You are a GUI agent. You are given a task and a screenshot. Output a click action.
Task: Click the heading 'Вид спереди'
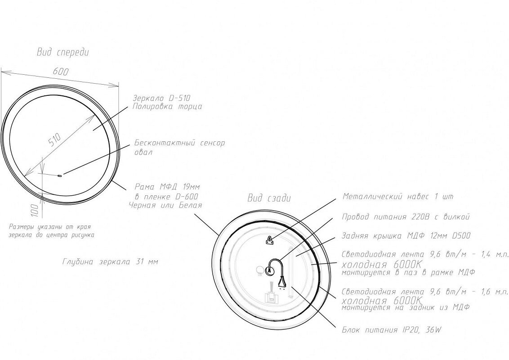tap(63, 52)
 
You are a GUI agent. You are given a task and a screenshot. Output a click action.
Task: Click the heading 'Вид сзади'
tap(269, 198)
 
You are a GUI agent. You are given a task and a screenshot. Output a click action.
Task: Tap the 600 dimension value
tap(61, 72)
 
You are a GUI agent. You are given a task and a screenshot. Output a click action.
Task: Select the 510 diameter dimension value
tap(54, 139)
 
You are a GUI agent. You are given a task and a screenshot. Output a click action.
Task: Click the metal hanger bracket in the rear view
tap(269, 240)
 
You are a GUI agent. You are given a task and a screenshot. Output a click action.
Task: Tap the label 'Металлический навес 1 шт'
tap(397, 197)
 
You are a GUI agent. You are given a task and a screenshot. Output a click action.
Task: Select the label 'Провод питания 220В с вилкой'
tap(406, 217)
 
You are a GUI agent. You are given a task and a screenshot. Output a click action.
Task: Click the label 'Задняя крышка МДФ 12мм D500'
tap(406, 236)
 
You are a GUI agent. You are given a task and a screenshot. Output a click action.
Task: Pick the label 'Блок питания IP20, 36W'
tap(392, 330)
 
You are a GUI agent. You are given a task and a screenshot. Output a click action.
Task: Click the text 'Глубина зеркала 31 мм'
tap(110, 261)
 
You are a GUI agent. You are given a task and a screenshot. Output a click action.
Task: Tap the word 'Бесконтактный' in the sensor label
tap(165, 143)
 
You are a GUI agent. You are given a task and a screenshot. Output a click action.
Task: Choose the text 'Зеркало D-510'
tap(161, 98)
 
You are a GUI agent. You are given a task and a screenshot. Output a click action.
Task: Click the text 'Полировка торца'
tap(167, 107)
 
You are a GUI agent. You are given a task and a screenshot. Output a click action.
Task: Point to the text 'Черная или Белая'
tap(165, 205)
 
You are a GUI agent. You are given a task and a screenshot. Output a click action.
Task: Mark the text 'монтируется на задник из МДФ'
tap(406, 307)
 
